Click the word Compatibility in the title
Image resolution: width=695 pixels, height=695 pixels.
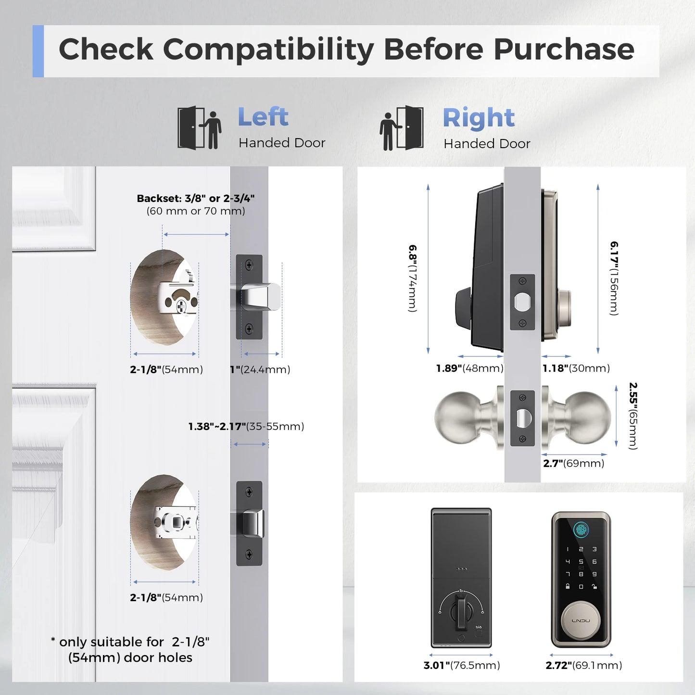click(268, 50)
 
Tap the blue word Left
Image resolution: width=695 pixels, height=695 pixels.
click(263, 117)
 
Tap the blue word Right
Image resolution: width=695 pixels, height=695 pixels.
click(479, 118)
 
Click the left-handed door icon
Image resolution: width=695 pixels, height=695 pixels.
click(199, 128)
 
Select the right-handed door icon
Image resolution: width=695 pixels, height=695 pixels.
click(402, 128)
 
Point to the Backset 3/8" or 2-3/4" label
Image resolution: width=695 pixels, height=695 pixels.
click(195, 199)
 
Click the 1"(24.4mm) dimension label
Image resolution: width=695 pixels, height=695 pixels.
click(260, 369)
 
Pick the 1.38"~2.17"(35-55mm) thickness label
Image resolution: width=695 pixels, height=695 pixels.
click(246, 427)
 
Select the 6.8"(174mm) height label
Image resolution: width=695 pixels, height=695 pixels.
click(413, 278)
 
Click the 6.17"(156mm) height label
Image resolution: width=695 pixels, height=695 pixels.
click(614, 278)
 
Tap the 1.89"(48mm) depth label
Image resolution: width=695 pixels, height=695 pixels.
click(469, 368)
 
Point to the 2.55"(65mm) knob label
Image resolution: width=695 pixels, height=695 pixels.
click(633, 416)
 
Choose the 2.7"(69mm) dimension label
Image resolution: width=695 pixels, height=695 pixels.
click(573, 464)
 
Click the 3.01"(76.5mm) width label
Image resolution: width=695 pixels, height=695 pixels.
click(462, 665)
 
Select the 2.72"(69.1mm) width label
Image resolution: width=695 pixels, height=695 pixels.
click(583, 665)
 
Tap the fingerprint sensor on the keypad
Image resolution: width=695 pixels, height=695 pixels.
click(581, 530)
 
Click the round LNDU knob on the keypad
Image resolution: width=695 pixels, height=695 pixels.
click(581, 620)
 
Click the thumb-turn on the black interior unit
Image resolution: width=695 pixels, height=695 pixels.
click(461, 612)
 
